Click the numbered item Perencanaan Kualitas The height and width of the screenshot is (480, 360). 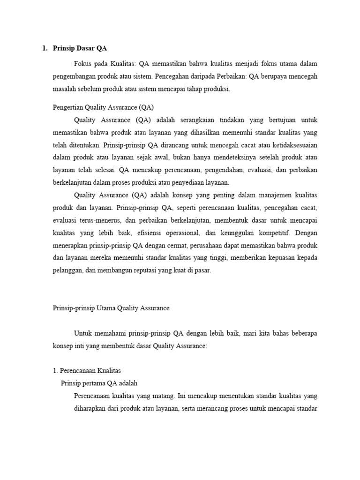coord(90,371)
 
